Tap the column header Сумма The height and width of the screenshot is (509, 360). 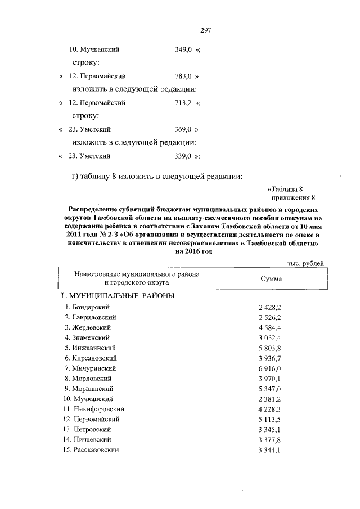[271, 278]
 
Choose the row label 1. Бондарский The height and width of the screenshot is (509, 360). [87, 307]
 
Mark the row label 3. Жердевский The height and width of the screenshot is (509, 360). [88, 327]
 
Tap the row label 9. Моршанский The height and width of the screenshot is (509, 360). [89, 388]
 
